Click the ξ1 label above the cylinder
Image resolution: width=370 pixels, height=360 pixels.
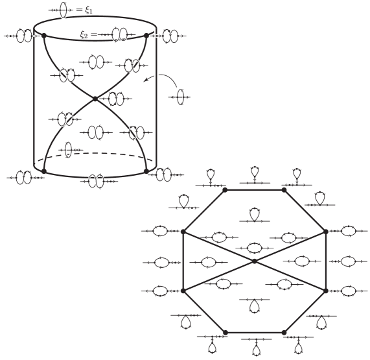89,10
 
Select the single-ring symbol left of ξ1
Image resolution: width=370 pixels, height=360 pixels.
63,10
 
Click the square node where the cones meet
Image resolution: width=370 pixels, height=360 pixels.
95,98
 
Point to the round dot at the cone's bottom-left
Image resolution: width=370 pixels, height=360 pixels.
44,171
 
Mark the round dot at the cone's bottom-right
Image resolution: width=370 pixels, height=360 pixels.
146,171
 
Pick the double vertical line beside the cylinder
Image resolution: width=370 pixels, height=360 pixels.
156,97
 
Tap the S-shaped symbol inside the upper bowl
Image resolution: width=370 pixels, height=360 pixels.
95,62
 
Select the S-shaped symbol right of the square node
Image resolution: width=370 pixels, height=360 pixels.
117,99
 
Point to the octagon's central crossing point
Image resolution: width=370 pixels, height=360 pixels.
254,261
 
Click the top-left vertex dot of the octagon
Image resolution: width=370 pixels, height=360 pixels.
225,190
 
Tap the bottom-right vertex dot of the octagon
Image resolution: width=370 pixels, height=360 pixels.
284,332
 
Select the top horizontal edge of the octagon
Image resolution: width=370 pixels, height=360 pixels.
255,190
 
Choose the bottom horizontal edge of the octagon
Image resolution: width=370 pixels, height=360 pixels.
255,332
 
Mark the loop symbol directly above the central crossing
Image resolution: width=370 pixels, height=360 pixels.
255,247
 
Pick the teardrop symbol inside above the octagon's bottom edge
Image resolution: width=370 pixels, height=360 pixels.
255,306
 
